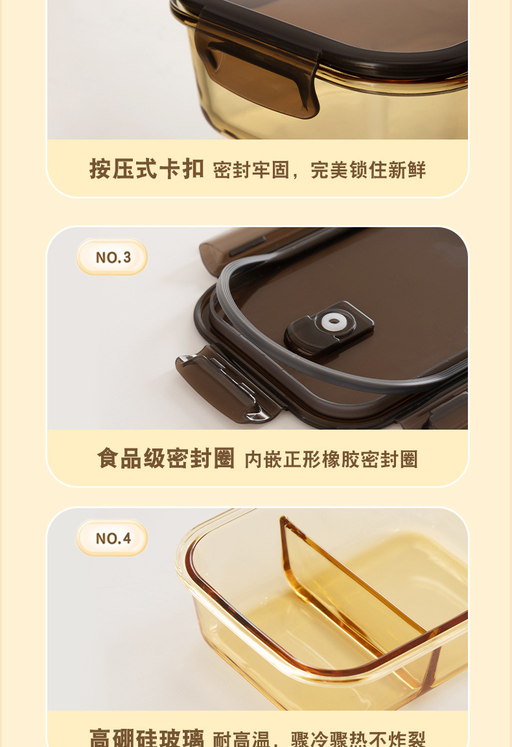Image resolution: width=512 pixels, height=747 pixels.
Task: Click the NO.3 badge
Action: (112, 258)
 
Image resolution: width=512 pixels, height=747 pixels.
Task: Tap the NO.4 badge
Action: (112, 539)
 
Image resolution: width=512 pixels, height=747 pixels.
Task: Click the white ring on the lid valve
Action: (333, 321)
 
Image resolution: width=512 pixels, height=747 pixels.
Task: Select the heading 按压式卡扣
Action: (146, 169)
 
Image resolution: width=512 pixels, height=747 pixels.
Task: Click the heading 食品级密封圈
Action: (166, 458)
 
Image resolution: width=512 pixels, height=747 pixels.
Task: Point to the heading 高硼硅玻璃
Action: (146, 739)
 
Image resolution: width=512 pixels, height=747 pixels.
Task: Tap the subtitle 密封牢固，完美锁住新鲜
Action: (319, 170)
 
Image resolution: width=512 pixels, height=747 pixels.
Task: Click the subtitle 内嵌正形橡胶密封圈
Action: (331, 459)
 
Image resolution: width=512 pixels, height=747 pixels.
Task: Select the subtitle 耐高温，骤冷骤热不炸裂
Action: (319, 739)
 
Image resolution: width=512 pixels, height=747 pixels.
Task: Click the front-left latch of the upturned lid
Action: (227, 384)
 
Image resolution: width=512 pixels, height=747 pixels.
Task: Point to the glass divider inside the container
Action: (350, 584)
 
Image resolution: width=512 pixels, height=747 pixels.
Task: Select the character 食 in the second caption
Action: (109, 458)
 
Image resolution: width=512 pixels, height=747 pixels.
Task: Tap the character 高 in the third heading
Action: (101, 739)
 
